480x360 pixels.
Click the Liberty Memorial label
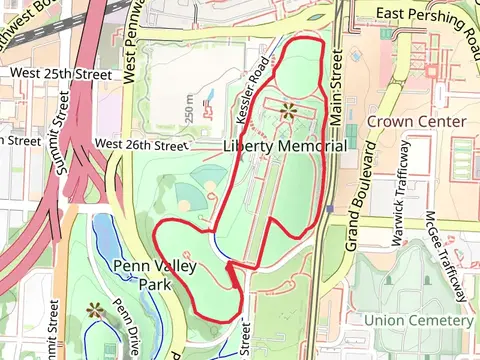tap(285, 146)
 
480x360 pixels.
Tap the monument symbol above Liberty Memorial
tap(289, 110)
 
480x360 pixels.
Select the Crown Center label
tap(417, 121)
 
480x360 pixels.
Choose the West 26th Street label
tap(141, 145)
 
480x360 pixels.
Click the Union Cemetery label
tap(418, 320)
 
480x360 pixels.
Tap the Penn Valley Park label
tap(154, 275)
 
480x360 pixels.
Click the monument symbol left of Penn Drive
tap(96, 311)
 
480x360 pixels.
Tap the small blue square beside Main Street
tap(329, 209)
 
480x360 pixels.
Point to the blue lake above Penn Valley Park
tap(103, 239)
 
